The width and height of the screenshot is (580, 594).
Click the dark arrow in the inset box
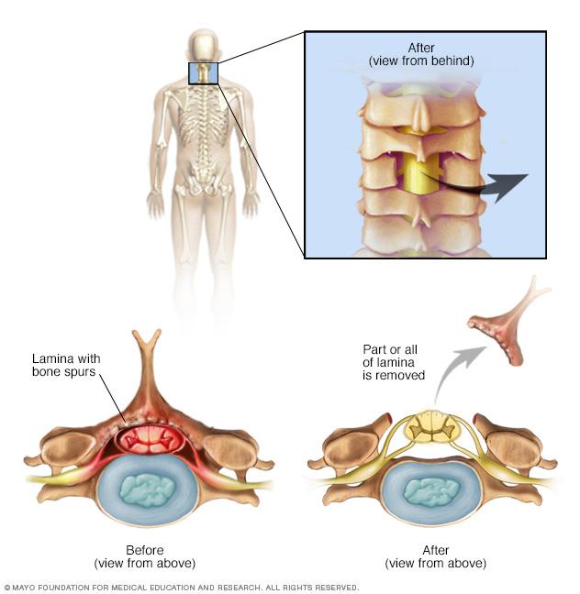[x=479, y=185]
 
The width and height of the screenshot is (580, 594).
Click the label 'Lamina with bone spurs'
[x=66, y=365]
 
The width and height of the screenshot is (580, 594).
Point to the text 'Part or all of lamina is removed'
[x=394, y=362]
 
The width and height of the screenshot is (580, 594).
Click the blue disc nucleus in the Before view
[x=148, y=490]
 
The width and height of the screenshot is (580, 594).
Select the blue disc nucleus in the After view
[x=432, y=490]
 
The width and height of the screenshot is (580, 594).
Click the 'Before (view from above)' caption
[x=144, y=556]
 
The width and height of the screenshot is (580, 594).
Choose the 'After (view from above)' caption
[x=436, y=556]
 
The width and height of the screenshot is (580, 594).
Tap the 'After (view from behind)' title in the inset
[x=421, y=54]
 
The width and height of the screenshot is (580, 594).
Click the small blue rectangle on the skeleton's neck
[x=204, y=73]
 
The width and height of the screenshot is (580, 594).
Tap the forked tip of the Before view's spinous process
[x=147, y=336]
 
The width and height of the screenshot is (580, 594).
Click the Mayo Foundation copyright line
[x=181, y=588]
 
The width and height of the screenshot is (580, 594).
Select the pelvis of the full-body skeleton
[x=204, y=178]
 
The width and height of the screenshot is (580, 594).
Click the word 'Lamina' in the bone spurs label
[x=50, y=358]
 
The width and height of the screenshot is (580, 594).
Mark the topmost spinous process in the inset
[x=420, y=114]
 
